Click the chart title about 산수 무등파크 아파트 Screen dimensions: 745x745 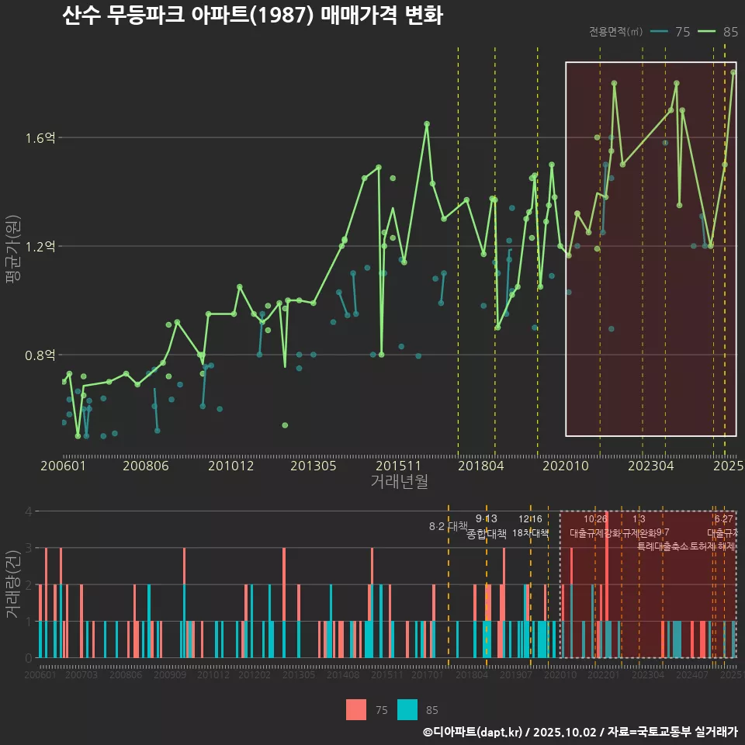tap(252, 16)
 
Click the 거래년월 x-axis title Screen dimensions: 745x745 tap(399, 482)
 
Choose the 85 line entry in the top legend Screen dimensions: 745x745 tap(719, 32)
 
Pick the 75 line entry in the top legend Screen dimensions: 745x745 tap(670, 32)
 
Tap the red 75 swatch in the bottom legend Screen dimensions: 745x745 tap(356, 709)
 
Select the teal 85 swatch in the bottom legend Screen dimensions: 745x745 tap(407, 709)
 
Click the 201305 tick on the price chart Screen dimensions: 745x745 tap(314, 466)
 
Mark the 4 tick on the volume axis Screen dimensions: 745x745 tap(28, 511)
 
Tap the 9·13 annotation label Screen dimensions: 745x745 tap(486, 519)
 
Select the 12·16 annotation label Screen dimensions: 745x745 tap(530, 519)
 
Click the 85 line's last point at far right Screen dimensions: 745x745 tap(733, 71)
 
